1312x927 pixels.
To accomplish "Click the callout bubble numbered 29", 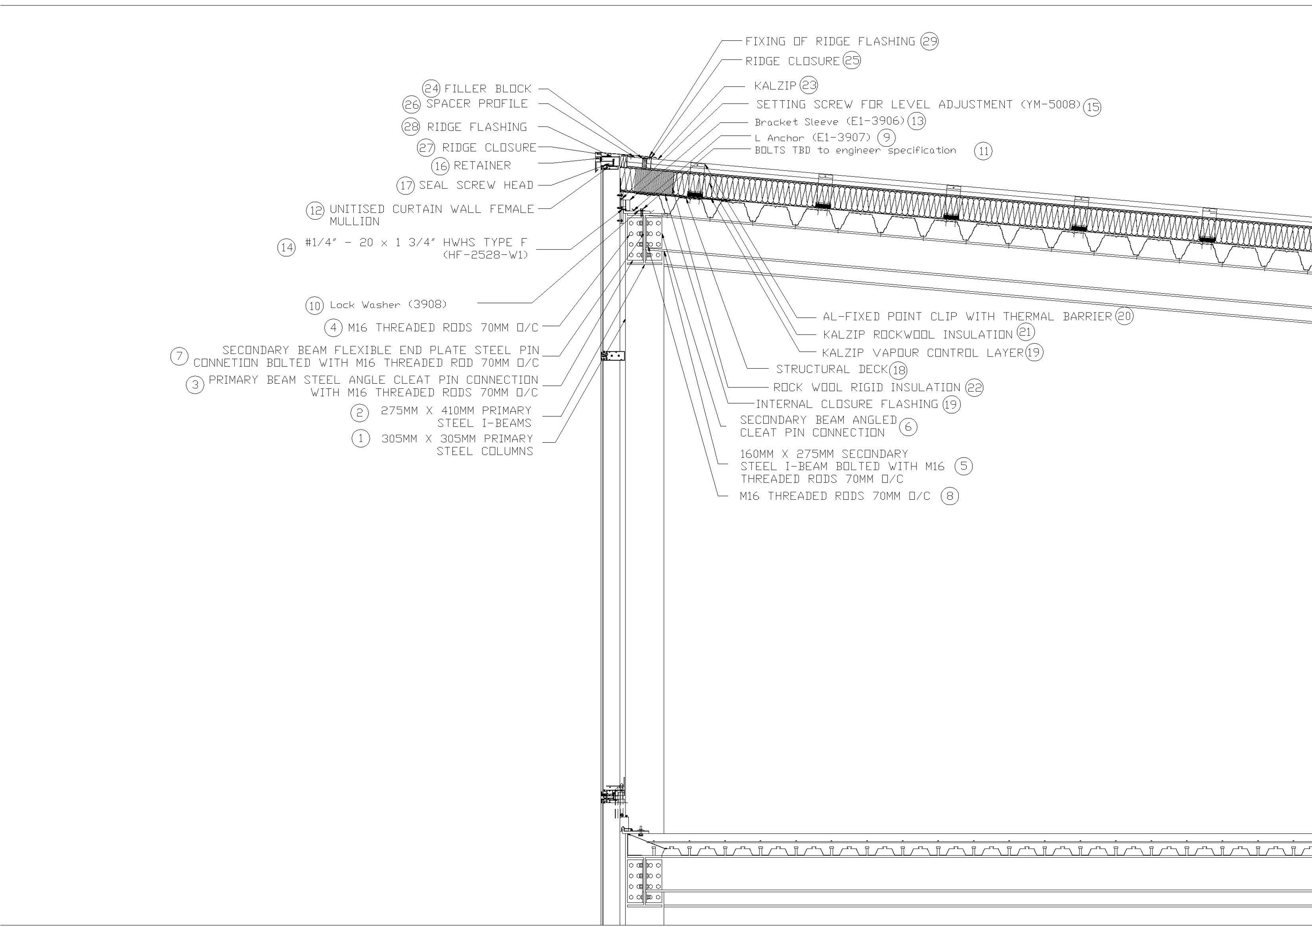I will (929, 41).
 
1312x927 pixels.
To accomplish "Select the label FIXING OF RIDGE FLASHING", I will (830, 42).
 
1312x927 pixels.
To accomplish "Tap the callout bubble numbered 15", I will (1092, 107).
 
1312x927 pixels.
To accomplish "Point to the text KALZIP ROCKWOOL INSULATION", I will (917, 335).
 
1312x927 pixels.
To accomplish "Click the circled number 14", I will (286, 248).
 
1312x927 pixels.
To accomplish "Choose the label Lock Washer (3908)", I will (388, 305).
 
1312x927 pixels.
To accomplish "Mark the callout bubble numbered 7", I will (179, 357).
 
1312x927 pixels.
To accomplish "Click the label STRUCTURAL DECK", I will (831, 370).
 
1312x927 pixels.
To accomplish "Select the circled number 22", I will (974, 388).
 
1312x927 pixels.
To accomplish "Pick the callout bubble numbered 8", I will (950, 496).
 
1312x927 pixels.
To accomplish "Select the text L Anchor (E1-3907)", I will (813, 138).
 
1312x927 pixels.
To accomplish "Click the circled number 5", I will (963, 466).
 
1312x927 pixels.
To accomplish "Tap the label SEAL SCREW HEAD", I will (476, 185).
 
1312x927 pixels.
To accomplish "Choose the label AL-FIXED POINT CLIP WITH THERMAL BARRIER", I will (967, 317).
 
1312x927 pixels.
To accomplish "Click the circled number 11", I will (983, 151).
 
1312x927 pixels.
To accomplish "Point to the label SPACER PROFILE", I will (477, 104).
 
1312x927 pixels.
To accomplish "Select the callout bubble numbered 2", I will (359, 412).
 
